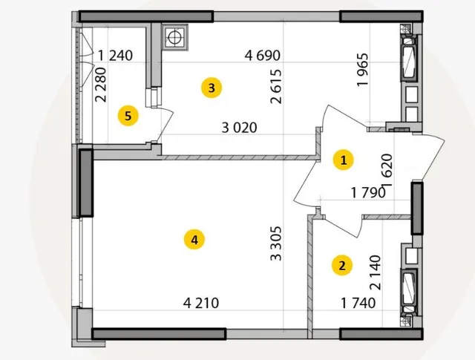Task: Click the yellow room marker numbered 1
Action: pyautogui.click(x=343, y=160)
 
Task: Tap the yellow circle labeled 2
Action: pyautogui.click(x=342, y=266)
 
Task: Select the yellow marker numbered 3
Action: pyautogui.click(x=212, y=88)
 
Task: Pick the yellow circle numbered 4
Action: pyautogui.click(x=194, y=240)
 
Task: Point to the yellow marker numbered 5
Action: pyautogui.click(x=128, y=116)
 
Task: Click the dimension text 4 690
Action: pyautogui.click(x=263, y=56)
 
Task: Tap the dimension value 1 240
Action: pyautogui.click(x=116, y=56)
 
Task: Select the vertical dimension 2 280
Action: pyautogui.click(x=101, y=85)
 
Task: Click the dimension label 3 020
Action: pyautogui.click(x=239, y=128)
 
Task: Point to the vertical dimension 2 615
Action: pyautogui.click(x=276, y=87)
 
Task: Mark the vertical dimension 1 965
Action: pyautogui.click(x=363, y=70)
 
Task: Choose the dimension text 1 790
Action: pyautogui.click(x=368, y=192)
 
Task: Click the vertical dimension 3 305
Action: pyautogui.click(x=276, y=243)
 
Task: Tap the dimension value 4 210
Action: pyautogui.click(x=201, y=303)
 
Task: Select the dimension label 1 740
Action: pyautogui.click(x=358, y=303)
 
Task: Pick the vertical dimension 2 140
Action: pyautogui.click(x=375, y=272)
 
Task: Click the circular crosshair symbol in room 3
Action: pyautogui.click(x=174, y=37)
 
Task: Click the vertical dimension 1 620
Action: pyautogui.click(x=387, y=170)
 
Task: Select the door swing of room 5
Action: pyautogui.click(x=165, y=125)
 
